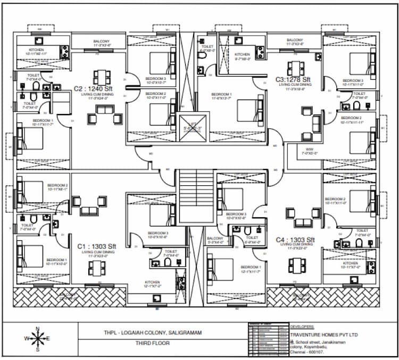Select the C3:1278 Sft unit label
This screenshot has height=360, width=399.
click(293, 79)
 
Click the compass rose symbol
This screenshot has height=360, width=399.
click(37, 339)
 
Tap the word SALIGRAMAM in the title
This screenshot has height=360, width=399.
click(183, 333)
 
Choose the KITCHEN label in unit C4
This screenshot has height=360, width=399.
click(350, 263)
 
